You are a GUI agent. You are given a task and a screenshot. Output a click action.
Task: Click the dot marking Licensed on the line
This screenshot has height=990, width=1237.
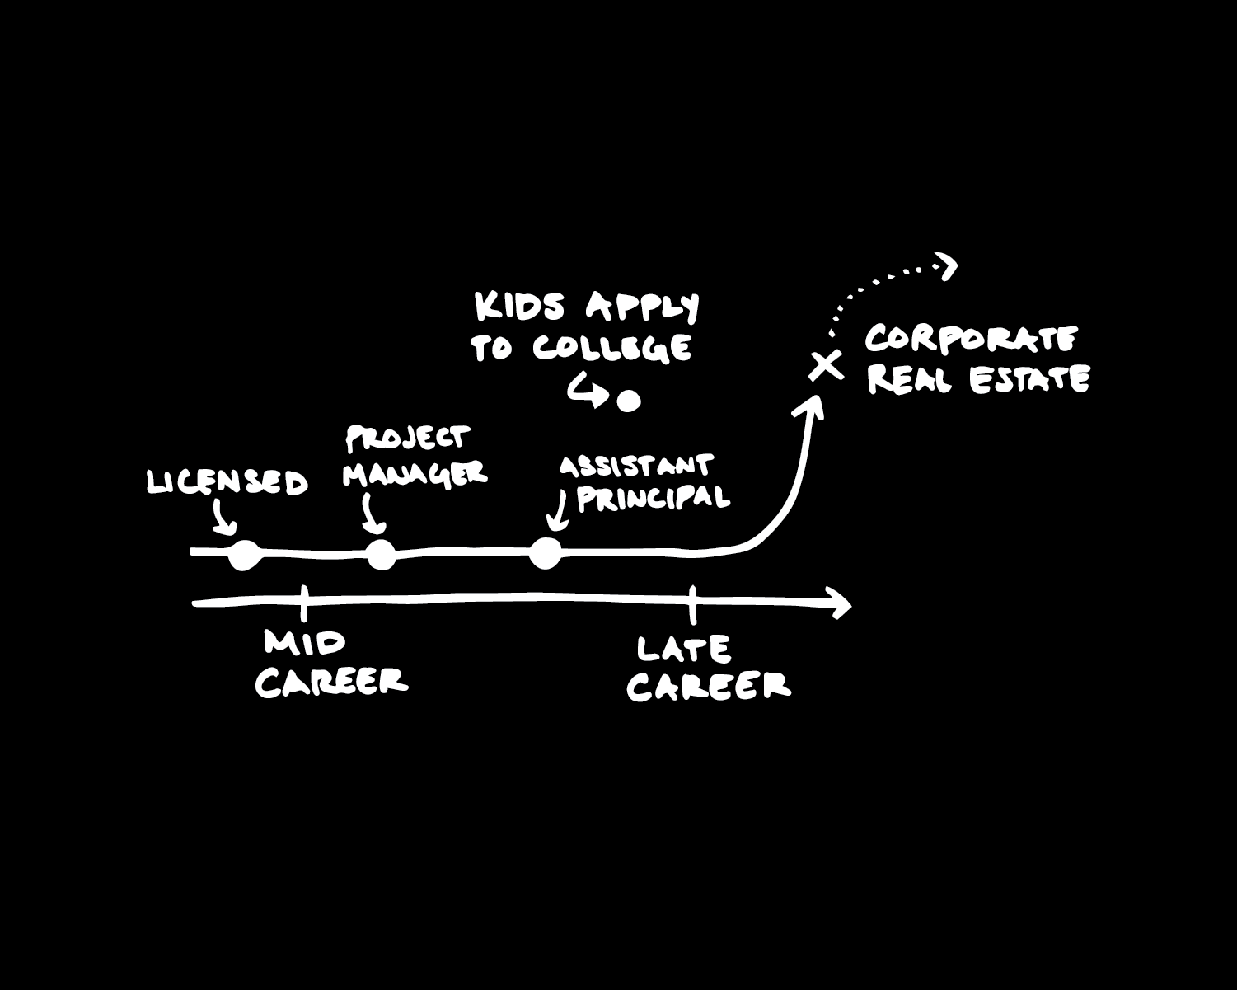pos(244,555)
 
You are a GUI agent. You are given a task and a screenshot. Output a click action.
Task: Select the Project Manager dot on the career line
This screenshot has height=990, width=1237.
pos(381,555)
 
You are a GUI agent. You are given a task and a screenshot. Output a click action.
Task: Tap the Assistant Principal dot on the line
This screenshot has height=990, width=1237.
pos(545,553)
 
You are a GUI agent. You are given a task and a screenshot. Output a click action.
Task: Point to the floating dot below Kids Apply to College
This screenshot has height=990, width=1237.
pos(630,401)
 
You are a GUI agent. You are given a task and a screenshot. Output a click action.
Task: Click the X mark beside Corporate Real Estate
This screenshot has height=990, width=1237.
pos(825,364)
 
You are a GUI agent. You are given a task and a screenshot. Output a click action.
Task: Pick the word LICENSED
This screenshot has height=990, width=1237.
pos(227,482)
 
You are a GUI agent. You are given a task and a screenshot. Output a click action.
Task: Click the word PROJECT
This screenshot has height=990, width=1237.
pos(407,439)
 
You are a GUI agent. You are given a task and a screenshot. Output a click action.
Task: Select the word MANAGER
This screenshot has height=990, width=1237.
pos(415,474)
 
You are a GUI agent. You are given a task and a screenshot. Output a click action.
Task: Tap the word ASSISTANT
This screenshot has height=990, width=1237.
pos(635,467)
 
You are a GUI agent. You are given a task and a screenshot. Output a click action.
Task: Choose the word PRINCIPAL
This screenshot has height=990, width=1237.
pos(653,498)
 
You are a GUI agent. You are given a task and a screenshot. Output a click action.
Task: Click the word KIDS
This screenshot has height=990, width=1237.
pos(520,307)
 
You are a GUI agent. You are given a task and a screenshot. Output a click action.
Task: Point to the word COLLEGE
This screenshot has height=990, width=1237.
pos(611,347)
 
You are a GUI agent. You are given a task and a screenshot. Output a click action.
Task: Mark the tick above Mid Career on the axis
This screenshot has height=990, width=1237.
pos(303,602)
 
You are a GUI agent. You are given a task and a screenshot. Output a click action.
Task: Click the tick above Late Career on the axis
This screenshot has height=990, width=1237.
pos(692,603)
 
